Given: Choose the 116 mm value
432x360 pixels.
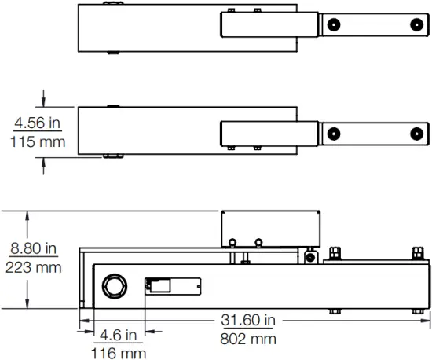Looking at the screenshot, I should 119,353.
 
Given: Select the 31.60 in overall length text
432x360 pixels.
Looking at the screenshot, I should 248,320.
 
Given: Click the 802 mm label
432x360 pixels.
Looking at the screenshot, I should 248,339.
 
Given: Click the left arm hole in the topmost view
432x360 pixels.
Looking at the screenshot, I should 335,24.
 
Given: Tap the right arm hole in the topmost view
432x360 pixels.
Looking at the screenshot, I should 415,24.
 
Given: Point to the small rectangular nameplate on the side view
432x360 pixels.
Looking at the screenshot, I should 173,286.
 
